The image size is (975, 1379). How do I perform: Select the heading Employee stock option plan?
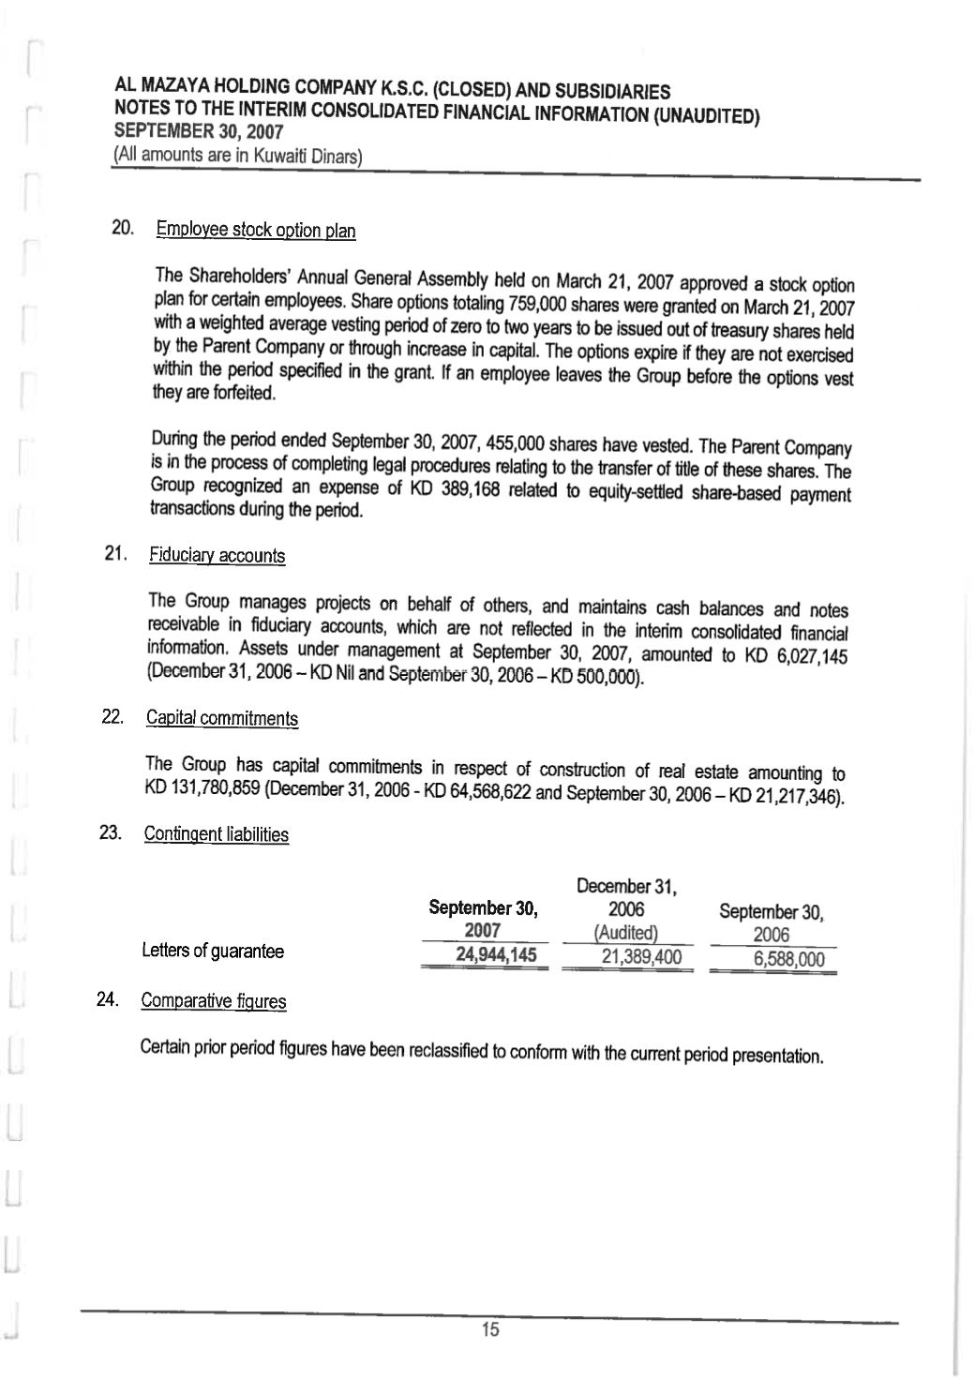click(x=256, y=230)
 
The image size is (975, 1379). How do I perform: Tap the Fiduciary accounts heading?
click(x=217, y=556)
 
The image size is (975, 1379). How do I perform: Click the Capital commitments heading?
click(x=222, y=718)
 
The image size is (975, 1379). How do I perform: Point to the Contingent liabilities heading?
click(x=217, y=834)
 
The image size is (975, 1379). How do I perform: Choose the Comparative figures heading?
click(x=214, y=1000)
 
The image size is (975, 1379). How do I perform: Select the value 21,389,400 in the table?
click(x=640, y=957)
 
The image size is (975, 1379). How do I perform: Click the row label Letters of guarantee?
click(x=213, y=952)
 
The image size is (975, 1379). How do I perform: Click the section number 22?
click(x=112, y=717)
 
